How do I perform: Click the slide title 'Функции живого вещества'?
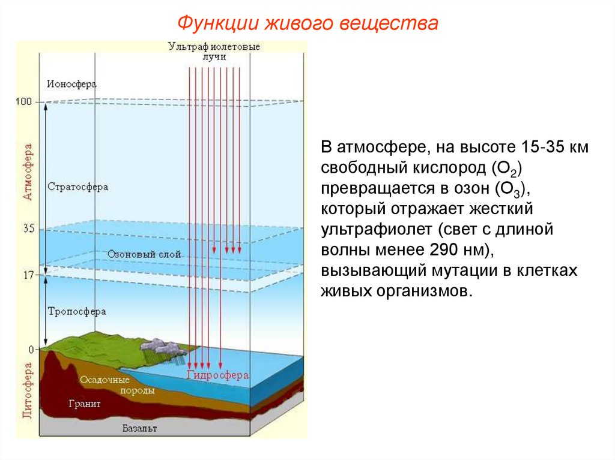click(x=307, y=25)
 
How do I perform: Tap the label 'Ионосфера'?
click(x=71, y=85)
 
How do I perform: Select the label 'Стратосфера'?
click(x=77, y=187)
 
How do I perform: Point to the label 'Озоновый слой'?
click(x=144, y=254)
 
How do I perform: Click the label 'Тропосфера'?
click(x=76, y=311)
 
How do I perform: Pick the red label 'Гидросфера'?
click(x=217, y=375)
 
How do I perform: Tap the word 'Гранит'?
click(x=85, y=404)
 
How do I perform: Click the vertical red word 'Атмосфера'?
click(x=27, y=172)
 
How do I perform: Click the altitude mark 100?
click(x=23, y=102)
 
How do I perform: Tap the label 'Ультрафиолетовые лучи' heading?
click(x=214, y=50)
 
